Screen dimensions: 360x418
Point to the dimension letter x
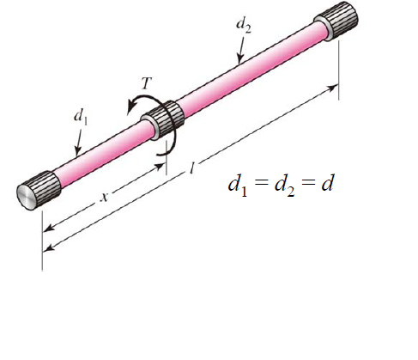click(105, 197)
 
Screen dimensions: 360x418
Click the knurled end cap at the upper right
click(336, 26)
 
